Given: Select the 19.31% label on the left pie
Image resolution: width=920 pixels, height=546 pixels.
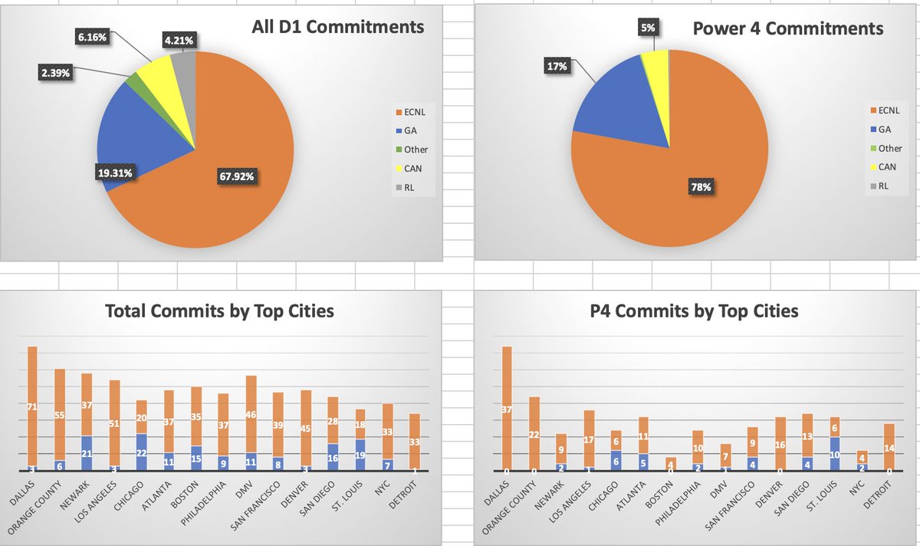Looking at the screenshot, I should coord(113,173).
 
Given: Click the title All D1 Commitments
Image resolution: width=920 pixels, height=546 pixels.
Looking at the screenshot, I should coord(337,28).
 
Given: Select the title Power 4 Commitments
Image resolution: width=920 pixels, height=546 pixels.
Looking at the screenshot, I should coord(787,28).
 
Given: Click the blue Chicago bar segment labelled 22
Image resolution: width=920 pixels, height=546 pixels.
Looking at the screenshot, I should coord(141,452).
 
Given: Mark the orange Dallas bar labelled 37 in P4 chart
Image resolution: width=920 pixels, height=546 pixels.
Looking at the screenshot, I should coord(507,409).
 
